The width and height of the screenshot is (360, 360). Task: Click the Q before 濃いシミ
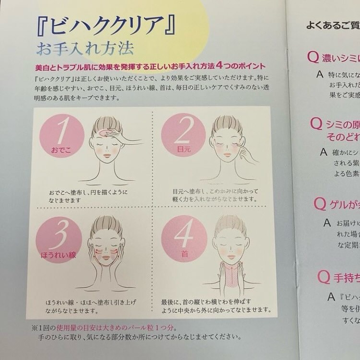[313, 58]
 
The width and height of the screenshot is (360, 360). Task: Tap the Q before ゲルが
[320, 204]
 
